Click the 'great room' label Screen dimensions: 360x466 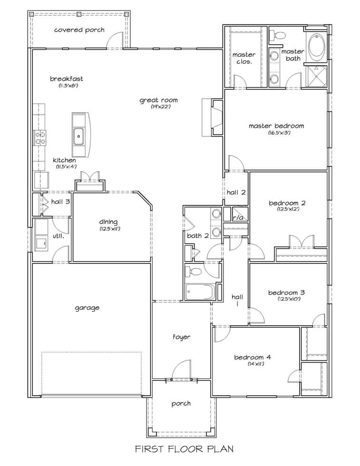158,100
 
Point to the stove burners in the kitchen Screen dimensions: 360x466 40,137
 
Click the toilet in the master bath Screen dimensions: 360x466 278,36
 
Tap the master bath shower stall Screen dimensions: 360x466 317,76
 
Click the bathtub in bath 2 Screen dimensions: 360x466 200,292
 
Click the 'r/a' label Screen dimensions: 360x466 238,218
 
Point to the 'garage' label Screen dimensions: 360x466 87,308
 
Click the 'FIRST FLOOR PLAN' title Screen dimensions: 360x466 185,449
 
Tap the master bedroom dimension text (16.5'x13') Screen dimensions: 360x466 279,133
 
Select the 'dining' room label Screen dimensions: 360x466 108,222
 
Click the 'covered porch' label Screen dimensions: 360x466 79,29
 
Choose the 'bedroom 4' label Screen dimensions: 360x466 253,357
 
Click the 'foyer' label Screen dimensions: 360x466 181,337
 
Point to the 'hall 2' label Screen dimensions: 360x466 236,192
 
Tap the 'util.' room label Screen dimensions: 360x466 58,236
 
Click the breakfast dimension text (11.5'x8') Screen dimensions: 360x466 68,86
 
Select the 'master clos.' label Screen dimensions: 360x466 244,58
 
